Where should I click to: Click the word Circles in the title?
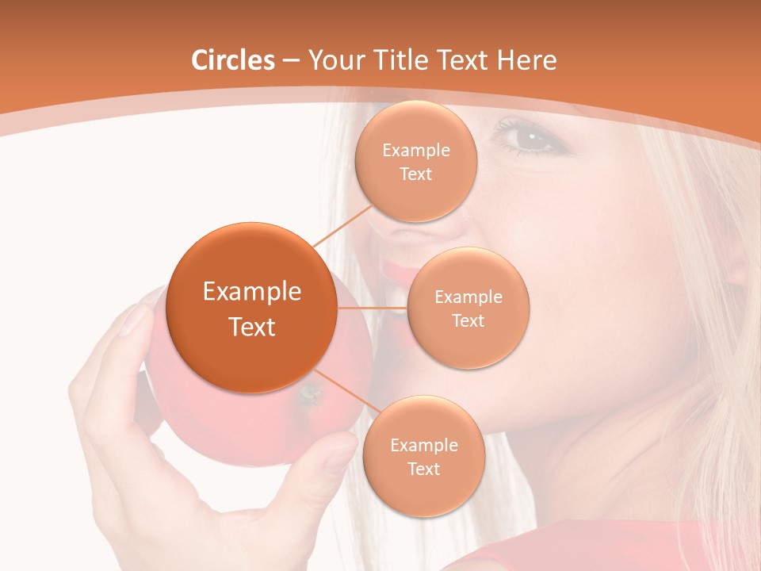[233, 60]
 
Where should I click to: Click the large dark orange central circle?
[251, 308]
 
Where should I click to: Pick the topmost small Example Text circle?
[416, 161]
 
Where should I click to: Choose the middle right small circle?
[468, 308]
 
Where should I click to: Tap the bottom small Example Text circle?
[423, 456]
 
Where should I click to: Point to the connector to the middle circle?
[373, 308]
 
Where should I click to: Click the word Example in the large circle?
[252, 292]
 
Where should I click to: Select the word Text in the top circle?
[416, 174]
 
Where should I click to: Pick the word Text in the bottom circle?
[423, 469]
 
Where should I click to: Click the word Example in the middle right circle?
[468, 297]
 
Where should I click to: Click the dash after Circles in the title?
[291, 61]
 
